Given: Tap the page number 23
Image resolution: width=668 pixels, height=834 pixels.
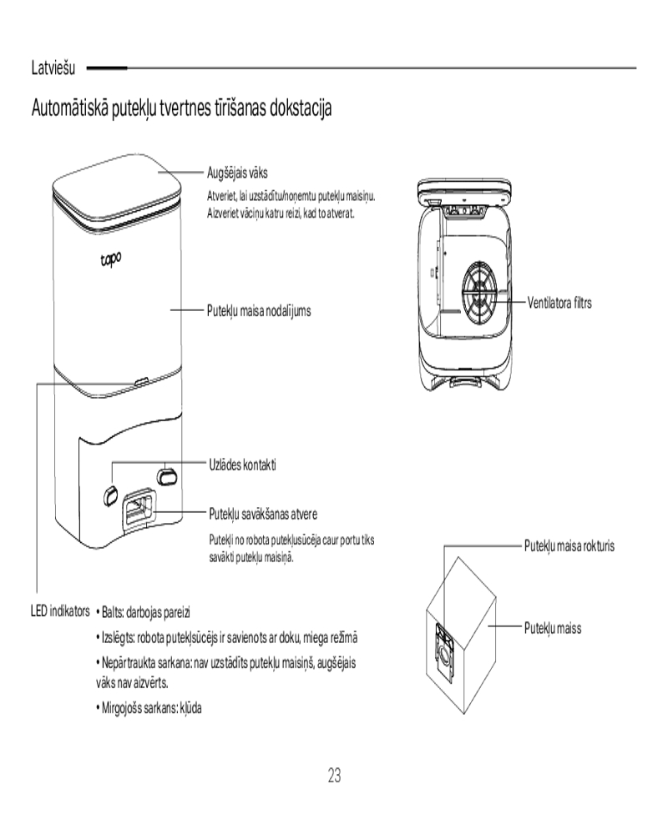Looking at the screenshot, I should (334, 776).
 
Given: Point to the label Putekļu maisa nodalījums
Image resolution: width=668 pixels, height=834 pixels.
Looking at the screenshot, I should (259, 310).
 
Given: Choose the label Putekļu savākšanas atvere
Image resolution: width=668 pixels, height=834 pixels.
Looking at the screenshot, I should (262, 512).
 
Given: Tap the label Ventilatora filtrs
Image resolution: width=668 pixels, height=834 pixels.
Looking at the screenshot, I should (559, 302).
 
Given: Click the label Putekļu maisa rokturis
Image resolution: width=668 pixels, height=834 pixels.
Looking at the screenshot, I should (569, 546).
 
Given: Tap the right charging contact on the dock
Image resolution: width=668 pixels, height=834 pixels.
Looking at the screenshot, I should (166, 475).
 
